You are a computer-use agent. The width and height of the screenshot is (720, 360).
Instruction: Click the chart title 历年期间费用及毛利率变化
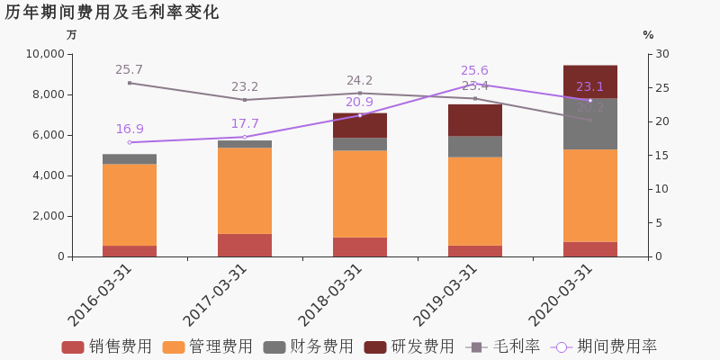(112, 13)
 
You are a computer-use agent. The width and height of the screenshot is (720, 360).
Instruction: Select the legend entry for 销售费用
(107, 346)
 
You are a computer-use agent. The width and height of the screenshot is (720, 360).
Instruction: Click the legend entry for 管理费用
(208, 346)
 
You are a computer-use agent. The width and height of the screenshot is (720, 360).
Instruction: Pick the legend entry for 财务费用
(309, 346)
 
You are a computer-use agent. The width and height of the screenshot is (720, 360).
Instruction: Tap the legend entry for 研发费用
(409, 346)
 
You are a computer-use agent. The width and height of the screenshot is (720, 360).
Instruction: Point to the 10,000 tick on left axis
(42, 54)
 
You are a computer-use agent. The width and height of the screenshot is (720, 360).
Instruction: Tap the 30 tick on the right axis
(661, 54)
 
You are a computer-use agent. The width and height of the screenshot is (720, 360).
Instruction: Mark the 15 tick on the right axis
(661, 156)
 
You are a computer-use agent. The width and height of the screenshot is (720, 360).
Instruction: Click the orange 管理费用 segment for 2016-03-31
(130, 204)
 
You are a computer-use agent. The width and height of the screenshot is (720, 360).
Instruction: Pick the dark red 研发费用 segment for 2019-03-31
(475, 120)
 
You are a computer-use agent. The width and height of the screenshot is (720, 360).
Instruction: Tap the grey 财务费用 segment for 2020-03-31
(590, 123)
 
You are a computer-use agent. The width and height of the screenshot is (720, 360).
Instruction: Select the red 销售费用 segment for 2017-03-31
(245, 245)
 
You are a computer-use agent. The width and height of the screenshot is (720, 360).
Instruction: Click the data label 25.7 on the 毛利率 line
(129, 70)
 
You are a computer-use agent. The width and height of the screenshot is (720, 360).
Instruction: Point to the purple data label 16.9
(129, 130)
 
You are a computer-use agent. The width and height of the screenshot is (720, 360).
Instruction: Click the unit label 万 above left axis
(72, 35)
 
